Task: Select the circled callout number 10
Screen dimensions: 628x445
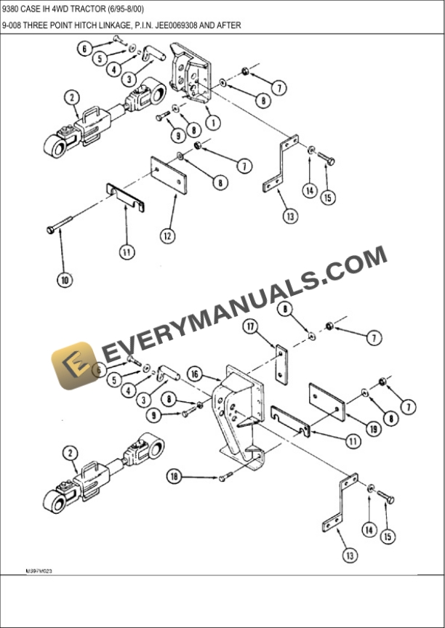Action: click(x=65, y=279)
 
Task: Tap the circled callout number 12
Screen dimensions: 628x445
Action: click(x=168, y=235)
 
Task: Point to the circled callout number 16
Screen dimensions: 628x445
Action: click(x=194, y=374)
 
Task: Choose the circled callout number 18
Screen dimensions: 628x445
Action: click(x=173, y=478)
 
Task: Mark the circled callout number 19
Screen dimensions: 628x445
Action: click(x=373, y=430)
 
